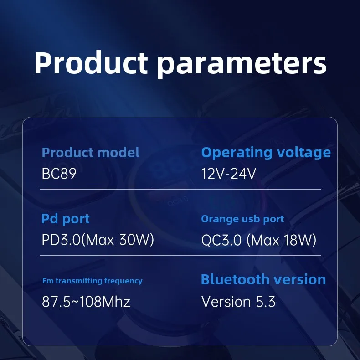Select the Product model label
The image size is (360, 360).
point(91,153)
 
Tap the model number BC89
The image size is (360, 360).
point(59,174)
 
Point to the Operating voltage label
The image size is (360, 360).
point(266,153)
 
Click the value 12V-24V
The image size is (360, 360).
point(228,174)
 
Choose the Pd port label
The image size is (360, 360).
point(66,219)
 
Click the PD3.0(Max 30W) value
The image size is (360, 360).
point(98,240)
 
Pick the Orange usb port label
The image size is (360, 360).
point(243,219)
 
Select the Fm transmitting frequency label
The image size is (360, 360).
point(93,281)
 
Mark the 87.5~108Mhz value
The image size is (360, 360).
point(86,302)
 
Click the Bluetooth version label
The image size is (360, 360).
point(263,280)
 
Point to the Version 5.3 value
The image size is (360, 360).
point(238,302)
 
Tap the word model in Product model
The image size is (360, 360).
point(118,153)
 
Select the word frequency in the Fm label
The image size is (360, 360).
point(123,281)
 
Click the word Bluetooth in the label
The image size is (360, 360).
point(235,279)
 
